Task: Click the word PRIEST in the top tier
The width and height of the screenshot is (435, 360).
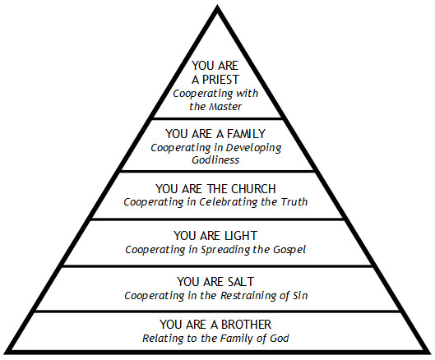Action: click(x=220, y=80)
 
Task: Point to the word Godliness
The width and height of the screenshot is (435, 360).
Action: click(x=215, y=159)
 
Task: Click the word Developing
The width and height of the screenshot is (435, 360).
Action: click(x=253, y=148)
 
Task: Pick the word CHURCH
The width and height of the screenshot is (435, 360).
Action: click(x=253, y=189)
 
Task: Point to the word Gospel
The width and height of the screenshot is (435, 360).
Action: click(x=289, y=250)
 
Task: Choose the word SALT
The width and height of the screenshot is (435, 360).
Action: click(x=240, y=282)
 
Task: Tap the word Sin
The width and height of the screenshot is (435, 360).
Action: click(x=300, y=295)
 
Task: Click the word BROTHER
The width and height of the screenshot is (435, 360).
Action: click(x=246, y=324)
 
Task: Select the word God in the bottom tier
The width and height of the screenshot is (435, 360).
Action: click(x=280, y=338)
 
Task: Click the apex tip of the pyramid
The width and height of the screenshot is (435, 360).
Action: click(x=217, y=6)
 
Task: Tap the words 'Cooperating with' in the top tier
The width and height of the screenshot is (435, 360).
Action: click(x=215, y=94)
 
